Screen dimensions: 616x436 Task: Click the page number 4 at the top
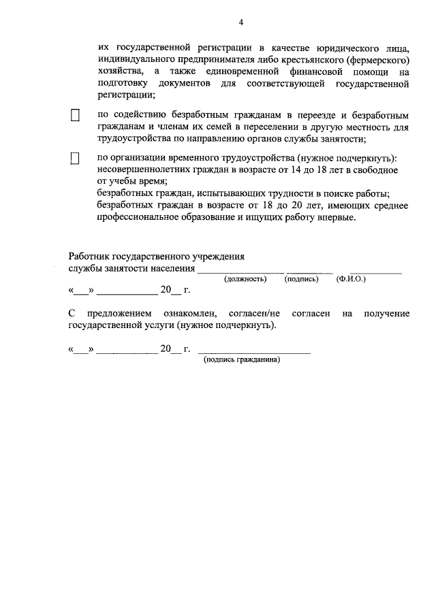coord(240,22)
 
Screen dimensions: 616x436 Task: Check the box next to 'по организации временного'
coord(76,159)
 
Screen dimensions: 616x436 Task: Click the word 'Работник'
coord(89,257)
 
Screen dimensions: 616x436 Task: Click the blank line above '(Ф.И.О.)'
coord(375,272)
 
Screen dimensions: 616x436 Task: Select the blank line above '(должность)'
coord(240,272)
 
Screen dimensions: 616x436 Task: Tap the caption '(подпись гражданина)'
coord(243,360)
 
